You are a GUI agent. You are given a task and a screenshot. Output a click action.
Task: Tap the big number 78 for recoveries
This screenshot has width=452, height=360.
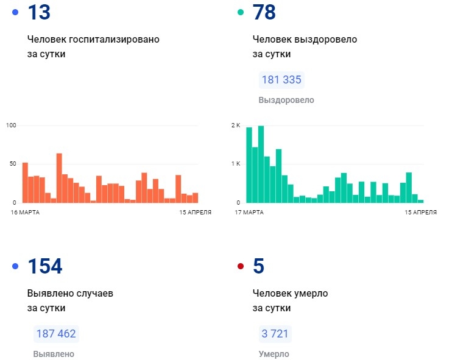(264, 13)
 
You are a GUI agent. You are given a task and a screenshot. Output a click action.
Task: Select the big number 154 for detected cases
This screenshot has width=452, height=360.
(45, 266)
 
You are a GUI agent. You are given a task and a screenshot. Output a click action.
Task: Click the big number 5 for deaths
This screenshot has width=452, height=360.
(258, 266)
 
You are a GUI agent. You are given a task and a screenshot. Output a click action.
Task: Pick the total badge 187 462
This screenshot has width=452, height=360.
(56, 334)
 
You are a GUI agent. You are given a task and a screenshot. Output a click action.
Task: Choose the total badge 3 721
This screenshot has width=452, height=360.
(274, 334)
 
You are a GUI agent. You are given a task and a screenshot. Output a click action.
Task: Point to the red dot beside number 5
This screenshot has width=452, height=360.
(240, 266)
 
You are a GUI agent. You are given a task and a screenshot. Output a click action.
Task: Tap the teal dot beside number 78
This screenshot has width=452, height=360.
(240, 12)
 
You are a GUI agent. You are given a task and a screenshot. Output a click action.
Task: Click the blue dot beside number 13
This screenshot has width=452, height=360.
(15, 12)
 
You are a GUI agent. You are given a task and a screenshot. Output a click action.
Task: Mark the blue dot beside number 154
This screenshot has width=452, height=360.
(15, 266)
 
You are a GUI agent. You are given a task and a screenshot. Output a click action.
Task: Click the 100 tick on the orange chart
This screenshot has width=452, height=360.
(10, 125)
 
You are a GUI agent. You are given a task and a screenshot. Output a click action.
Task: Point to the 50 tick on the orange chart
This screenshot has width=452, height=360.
(12, 164)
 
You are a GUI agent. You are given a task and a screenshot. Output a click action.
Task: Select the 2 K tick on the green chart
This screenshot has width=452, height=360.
(236, 125)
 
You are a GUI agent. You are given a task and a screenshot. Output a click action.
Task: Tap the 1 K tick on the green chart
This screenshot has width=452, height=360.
(236, 164)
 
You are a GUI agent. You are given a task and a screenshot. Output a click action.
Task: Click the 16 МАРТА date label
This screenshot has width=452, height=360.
(26, 212)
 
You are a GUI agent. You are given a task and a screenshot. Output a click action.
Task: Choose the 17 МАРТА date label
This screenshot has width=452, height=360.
(249, 212)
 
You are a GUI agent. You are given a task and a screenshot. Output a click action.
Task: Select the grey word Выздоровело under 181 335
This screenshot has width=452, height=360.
(286, 100)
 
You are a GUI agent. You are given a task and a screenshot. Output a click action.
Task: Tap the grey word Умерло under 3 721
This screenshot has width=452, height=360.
(274, 354)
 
